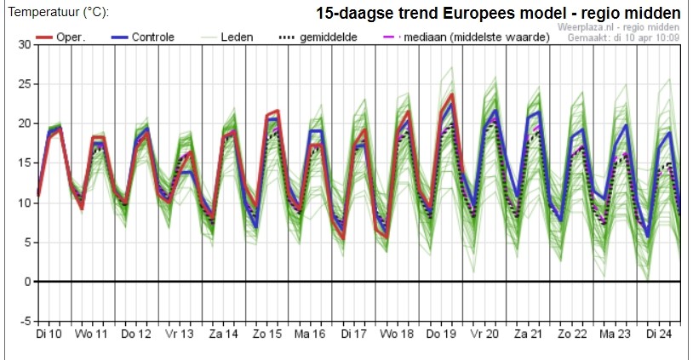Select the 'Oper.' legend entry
(x=60, y=37)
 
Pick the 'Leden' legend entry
(x=225, y=37)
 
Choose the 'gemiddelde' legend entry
(x=318, y=37)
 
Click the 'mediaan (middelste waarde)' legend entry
(x=467, y=37)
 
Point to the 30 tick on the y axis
(x=25, y=44)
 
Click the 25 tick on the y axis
(x=25, y=84)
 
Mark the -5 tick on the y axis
(x=25, y=321)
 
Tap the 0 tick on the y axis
(x=28, y=282)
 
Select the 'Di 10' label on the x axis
(x=49, y=334)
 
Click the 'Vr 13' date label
(x=180, y=334)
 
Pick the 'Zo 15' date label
(x=267, y=334)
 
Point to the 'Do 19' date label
(x=440, y=334)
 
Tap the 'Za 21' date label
(x=528, y=334)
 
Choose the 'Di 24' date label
(x=659, y=334)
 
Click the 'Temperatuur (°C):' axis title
(x=58, y=12)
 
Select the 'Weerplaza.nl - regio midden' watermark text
(x=618, y=27)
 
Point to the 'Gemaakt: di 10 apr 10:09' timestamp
(x=623, y=37)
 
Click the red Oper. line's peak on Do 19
(x=452, y=94)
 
